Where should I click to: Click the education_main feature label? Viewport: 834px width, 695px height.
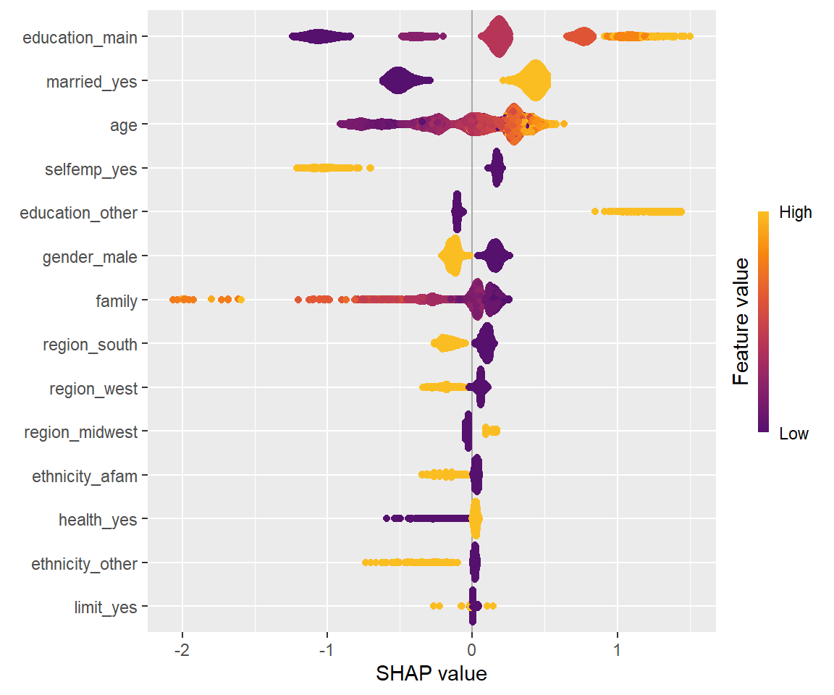click(x=80, y=38)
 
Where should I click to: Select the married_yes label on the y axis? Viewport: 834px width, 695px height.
click(x=91, y=82)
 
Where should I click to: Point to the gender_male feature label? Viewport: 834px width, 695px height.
click(x=89, y=257)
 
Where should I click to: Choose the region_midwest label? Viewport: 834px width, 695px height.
click(x=80, y=433)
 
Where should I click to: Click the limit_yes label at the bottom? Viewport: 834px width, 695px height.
click(x=106, y=607)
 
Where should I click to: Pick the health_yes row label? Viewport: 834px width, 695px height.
click(x=98, y=520)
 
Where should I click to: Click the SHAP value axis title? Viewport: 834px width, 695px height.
click(x=431, y=673)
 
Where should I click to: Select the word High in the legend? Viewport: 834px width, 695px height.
click(x=795, y=213)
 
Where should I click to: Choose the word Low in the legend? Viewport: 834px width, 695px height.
click(x=793, y=434)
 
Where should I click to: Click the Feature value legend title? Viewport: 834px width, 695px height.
click(x=740, y=322)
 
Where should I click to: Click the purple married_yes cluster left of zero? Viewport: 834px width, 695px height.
click(x=398, y=80)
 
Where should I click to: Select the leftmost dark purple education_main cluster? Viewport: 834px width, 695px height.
click(x=319, y=37)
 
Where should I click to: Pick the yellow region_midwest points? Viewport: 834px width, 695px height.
click(x=491, y=431)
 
